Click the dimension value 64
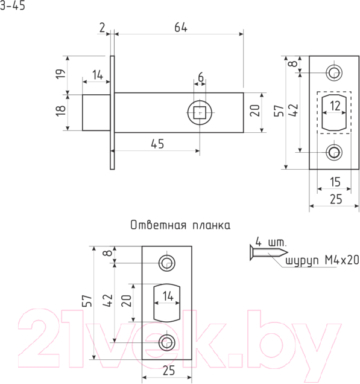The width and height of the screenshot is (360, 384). pyautogui.click(x=181, y=27)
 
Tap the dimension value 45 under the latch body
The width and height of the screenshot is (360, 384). pyautogui.click(x=157, y=144)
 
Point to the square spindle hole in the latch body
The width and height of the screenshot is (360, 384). pyautogui.click(x=200, y=113)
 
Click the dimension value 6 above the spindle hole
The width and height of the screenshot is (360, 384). pyautogui.click(x=201, y=77)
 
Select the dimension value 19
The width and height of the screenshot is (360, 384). pyautogui.click(x=61, y=74)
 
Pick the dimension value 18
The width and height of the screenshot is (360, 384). pyautogui.click(x=61, y=110)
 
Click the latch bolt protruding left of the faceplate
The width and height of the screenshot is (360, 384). pyautogui.click(x=96, y=112)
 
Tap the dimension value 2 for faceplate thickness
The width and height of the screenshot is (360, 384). pyautogui.click(x=103, y=27)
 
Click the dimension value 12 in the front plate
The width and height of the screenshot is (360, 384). pyautogui.click(x=335, y=106)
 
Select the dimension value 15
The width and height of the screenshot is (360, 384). pyautogui.click(x=335, y=182)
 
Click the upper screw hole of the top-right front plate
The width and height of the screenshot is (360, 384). pyautogui.click(x=334, y=72)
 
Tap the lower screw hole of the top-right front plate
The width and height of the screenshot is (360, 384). pyautogui.click(x=334, y=152)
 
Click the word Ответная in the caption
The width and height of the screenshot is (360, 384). pyautogui.click(x=158, y=225)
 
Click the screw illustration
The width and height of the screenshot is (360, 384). pyautogui.click(x=268, y=252)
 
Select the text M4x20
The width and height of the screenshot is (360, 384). pyautogui.click(x=342, y=260)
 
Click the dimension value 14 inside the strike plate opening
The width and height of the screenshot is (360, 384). pyautogui.click(x=168, y=296)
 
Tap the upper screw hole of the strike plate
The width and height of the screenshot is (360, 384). pyautogui.click(x=167, y=263)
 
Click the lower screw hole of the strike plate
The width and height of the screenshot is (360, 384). pyautogui.click(x=167, y=342)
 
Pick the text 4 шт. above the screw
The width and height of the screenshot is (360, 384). pyautogui.click(x=271, y=242)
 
